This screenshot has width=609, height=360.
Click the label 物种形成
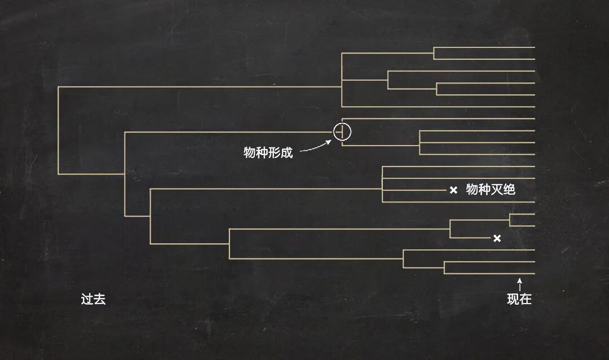pyautogui.click(x=268, y=152)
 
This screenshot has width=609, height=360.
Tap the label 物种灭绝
pyautogui.click(x=491, y=190)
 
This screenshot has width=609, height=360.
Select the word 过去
pyautogui.click(x=93, y=299)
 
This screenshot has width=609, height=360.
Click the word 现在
pyautogui.click(x=519, y=299)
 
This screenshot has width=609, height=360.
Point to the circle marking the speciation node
pyautogui.click(x=342, y=131)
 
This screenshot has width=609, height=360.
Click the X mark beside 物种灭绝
pyautogui.click(x=453, y=190)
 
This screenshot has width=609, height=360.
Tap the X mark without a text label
pyautogui.click(x=497, y=238)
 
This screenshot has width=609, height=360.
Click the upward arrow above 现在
pyautogui.click(x=520, y=283)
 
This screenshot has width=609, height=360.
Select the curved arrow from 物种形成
pyautogui.click(x=316, y=147)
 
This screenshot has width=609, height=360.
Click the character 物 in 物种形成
pyautogui.click(x=250, y=152)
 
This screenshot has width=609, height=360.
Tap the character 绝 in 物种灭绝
pyautogui.click(x=509, y=190)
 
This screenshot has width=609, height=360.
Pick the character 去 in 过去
pyautogui.click(x=99, y=299)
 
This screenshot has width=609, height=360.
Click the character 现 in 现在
pyautogui.click(x=513, y=299)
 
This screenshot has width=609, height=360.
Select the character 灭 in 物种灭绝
pyautogui.click(x=497, y=190)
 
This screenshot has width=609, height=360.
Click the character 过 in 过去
pyautogui.click(x=87, y=299)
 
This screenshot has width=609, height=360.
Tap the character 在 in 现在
pyautogui.click(x=526, y=299)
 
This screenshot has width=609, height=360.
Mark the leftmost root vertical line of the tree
pyautogui.click(x=58, y=130)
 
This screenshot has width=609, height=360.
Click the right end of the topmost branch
pyautogui.click(x=533, y=47)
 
